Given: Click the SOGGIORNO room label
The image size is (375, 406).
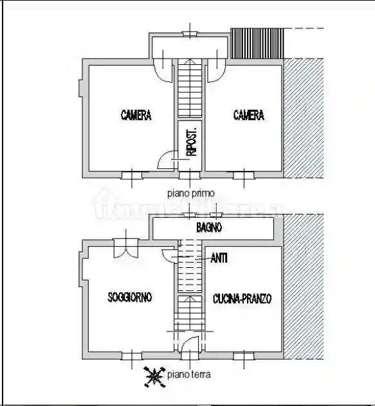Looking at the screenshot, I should (x=130, y=297).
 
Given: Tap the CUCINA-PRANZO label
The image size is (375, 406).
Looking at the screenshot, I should (x=242, y=299).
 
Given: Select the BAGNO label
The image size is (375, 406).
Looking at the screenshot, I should (x=209, y=227).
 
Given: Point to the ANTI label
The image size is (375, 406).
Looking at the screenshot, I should (x=219, y=258).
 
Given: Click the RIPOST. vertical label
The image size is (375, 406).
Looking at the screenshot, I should (x=190, y=143).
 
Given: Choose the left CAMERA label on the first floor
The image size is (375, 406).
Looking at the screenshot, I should (x=136, y=116).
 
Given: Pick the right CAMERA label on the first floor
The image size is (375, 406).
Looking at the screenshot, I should (x=248, y=116).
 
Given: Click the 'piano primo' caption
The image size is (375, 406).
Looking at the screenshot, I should (x=190, y=191).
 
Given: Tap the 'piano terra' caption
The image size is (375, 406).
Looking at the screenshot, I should (x=188, y=375).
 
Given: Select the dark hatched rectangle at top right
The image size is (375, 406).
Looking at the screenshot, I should (x=258, y=44).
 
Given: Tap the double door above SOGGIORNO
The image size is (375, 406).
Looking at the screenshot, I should (x=125, y=247).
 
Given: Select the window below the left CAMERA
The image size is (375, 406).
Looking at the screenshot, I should (x=131, y=174).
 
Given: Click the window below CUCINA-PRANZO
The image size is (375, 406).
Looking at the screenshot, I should (x=243, y=356).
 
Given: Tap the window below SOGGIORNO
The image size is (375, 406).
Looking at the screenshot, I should (x=131, y=356).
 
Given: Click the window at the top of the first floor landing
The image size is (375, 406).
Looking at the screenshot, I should (x=190, y=33).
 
